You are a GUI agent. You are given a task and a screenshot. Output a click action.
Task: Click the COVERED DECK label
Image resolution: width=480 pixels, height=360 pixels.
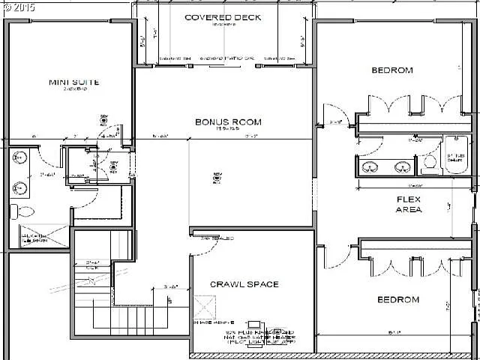223,17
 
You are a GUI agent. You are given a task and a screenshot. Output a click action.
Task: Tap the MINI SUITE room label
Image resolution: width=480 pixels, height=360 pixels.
75,82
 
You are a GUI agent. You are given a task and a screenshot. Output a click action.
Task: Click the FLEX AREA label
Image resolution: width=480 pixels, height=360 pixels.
409,204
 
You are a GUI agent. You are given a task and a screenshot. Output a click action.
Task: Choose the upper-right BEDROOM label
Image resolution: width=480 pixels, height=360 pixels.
392,70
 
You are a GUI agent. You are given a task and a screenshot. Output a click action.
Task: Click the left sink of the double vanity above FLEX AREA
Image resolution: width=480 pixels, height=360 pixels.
370,167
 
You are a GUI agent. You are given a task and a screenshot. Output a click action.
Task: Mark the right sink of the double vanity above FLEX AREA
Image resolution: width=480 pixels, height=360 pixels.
402,167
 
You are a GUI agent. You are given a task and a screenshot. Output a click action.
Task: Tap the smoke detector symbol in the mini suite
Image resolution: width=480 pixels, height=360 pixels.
103,117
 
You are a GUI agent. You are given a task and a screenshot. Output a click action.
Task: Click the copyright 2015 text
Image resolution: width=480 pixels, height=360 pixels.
19,7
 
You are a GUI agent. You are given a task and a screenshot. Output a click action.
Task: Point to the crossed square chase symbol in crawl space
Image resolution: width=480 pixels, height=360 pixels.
203,305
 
